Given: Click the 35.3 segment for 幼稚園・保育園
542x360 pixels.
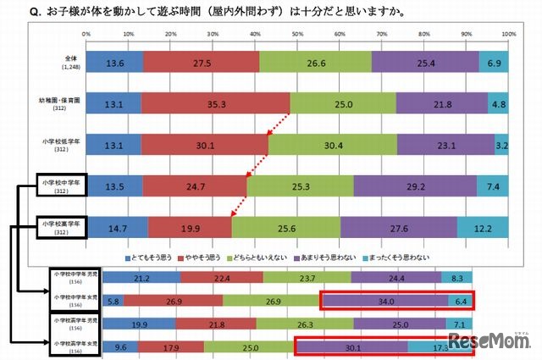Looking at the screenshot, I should (216, 103).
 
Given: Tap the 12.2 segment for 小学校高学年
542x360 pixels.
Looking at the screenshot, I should (483, 228).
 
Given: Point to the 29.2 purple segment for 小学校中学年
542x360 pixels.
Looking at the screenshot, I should (415, 186).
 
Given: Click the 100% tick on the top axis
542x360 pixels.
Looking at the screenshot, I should (508, 35).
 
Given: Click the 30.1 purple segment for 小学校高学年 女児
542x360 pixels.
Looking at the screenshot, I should (351, 346).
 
